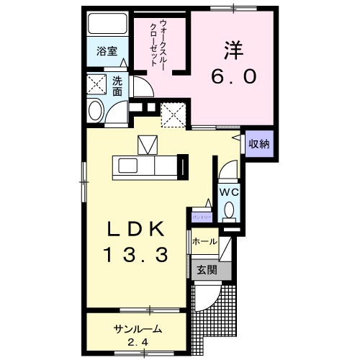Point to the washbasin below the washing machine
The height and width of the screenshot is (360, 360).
[x=94, y=111]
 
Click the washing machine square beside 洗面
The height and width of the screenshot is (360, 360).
[x=96, y=84]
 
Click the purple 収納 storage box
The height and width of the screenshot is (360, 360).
[x=258, y=144]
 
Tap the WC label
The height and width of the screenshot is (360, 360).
[x=228, y=192]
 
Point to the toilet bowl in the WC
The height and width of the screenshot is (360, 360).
[x=229, y=210]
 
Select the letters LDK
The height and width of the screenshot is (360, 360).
[x=138, y=230]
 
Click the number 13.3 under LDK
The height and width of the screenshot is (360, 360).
[x=138, y=254]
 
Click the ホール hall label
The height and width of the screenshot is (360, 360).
[x=204, y=242]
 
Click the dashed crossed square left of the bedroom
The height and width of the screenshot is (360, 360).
[x=173, y=114]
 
